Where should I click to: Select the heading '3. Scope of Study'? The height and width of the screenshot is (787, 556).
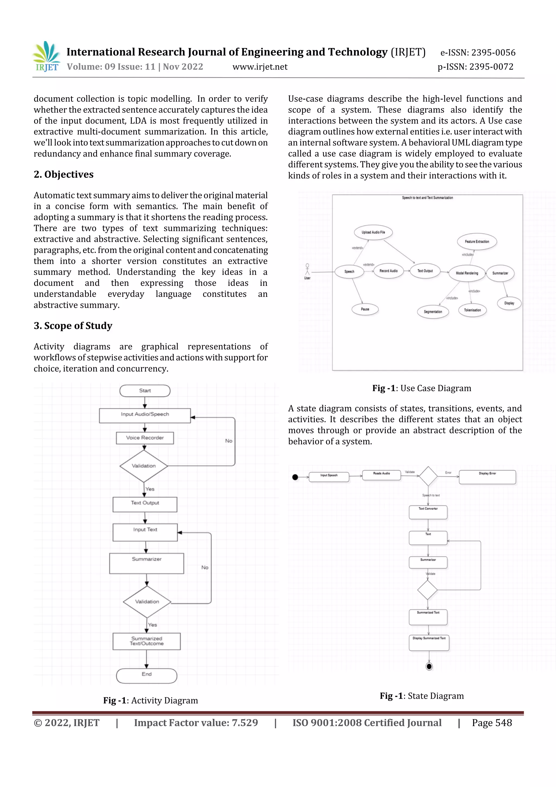[x=73, y=326]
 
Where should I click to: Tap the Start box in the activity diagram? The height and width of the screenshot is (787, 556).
[x=145, y=391]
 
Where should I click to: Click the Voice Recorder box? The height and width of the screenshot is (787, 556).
[x=145, y=438]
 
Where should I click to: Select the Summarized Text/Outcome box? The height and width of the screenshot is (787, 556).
[x=147, y=641]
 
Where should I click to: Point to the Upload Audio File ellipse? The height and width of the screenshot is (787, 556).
[x=373, y=232]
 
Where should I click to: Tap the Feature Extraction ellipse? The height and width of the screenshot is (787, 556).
[x=477, y=242]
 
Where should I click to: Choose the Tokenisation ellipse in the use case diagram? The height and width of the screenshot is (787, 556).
[x=472, y=310]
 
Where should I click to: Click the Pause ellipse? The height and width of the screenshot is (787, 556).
[x=365, y=309]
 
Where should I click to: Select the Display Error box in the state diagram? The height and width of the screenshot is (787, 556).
[x=487, y=477]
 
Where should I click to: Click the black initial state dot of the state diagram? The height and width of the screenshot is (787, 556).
[x=295, y=477]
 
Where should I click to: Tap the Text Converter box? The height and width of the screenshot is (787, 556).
[x=428, y=512]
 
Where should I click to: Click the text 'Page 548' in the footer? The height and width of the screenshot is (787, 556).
[x=492, y=723]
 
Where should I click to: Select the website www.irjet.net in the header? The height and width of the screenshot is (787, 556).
[x=260, y=67]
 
